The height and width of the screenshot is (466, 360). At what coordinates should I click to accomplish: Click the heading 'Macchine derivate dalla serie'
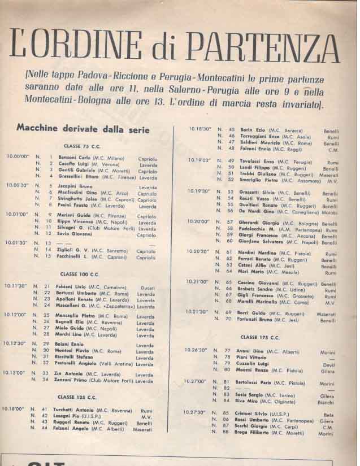point(84,129)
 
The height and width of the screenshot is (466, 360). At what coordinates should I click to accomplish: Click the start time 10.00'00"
point(18,156)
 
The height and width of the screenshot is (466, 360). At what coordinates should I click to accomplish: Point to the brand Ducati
point(147,286)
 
